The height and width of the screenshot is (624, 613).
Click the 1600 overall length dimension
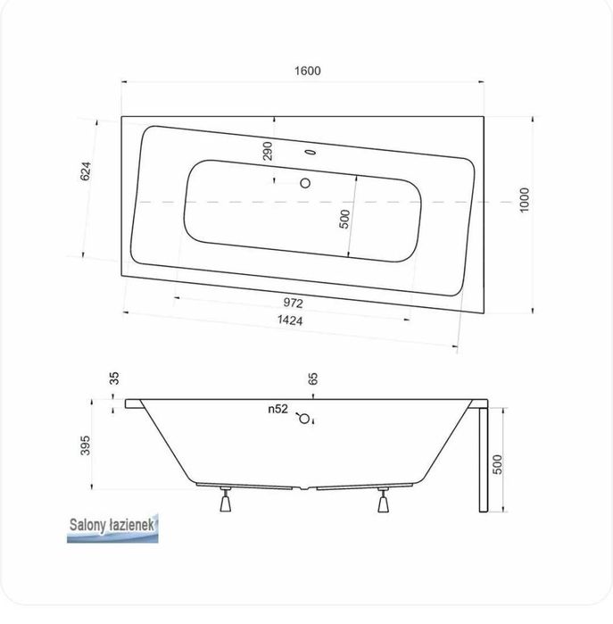pyautogui.click(x=308, y=71)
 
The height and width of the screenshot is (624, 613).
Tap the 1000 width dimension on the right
pyautogui.click(x=525, y=200)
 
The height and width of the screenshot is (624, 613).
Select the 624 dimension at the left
pyautogui.click(x=86, y=171)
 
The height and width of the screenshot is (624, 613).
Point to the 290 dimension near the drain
pyautogui.click(x=268, y=151)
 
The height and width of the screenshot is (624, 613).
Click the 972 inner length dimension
pyautogui.click(x=294, y=304)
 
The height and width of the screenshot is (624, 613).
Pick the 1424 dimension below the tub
pyautogui.click(x=290, y=320)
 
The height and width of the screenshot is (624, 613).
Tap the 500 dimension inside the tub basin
pyautogui.click(x=344, y=219)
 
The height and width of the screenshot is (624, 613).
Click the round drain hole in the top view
pyautogui.click(x=305, y=183)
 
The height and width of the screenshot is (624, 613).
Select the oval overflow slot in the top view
pyautogui.click(x=310, y=152)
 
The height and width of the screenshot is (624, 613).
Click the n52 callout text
pyautogui.click(x=278, y=409)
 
